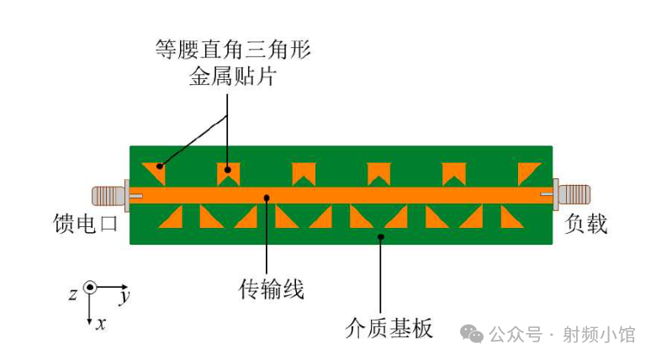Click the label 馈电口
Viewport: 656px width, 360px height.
[85, 223]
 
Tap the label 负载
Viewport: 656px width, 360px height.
[585, 224]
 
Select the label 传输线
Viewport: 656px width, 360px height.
[271, 289]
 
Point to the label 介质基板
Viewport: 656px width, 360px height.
[389, 328]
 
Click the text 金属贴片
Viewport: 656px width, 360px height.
[233, 77]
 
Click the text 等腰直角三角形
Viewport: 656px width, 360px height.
[233, 50]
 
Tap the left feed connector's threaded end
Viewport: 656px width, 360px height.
[108, 195]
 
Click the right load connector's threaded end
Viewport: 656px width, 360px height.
[574, 194]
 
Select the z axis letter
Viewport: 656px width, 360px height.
[73, 294]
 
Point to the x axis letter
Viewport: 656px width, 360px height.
[101, 323]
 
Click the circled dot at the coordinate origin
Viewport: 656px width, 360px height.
[89, 288]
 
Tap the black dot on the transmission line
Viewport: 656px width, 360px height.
[267, 197]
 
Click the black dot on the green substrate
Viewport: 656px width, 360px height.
[381, 237]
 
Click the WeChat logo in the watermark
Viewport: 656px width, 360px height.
[472, 334]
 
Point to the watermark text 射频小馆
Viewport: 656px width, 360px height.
[599, 335]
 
